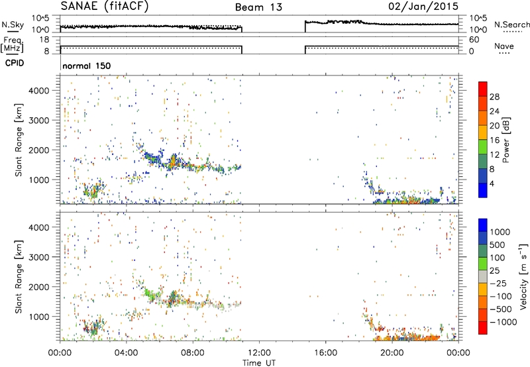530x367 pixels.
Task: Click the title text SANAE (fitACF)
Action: click(105, 6)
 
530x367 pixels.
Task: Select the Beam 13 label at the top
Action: click(258, 7)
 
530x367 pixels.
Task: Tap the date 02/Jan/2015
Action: click(423, 6)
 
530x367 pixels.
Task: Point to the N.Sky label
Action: click(13, 25)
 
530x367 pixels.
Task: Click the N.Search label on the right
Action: click(511, 25)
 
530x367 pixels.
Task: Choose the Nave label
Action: click(503, 46)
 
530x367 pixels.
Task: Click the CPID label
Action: click(15, 63)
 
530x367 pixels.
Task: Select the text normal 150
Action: click(87, 66)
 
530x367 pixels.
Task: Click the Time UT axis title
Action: click(259, 363)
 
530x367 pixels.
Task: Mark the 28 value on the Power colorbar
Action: click(494, 97)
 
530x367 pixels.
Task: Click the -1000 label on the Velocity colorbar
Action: click(503, 322)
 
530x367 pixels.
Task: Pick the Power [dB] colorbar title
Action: click(505, 140)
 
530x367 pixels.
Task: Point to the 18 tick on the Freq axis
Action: click(44, 40)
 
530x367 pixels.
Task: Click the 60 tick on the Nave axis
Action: click(474, 40)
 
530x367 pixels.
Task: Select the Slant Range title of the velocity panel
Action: click(19, 277)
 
